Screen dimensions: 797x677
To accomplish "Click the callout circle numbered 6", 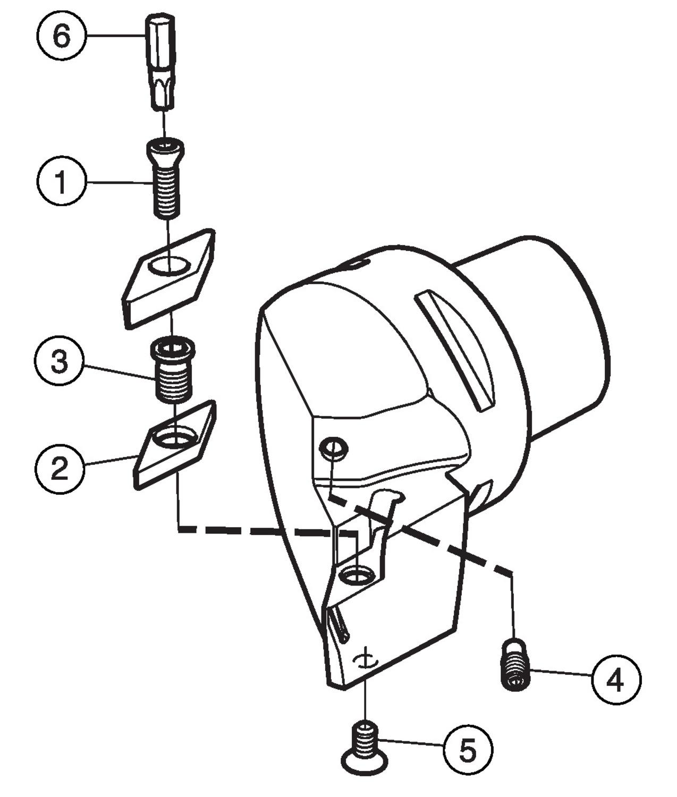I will [x=62, y=36].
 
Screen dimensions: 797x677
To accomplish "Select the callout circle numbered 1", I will [x=61, y=182].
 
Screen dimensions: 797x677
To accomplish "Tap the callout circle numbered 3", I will [x=60, y=363].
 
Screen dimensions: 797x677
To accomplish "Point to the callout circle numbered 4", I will [x=616, y=680].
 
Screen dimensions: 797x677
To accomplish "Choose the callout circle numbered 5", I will [x=468, y=750].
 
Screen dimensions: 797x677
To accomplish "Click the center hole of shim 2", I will [x=174, y=437].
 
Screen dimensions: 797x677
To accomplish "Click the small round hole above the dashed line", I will [x=333, y=448].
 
